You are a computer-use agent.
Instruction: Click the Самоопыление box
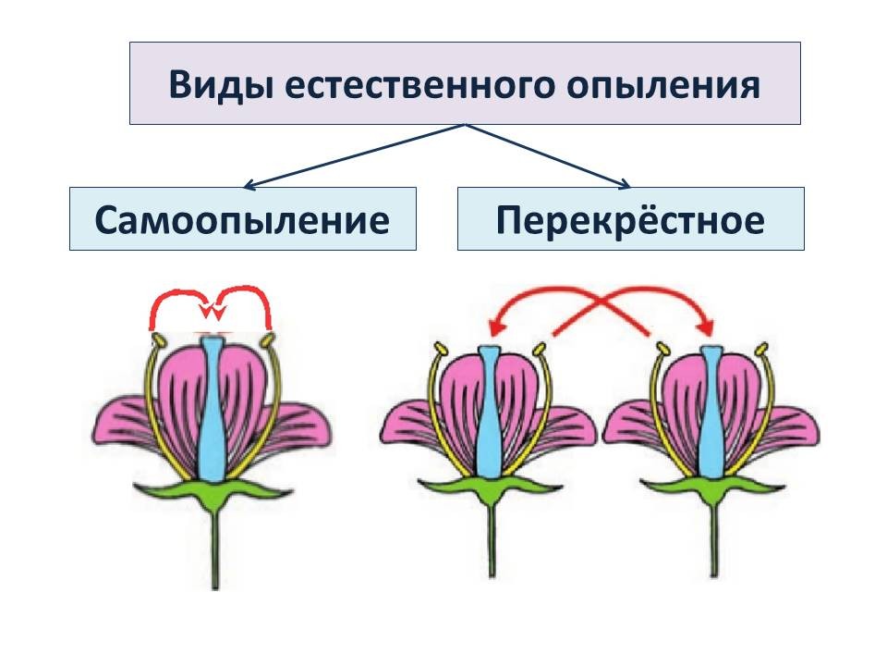pos(242,219)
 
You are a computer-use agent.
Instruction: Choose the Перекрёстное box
pos(630,219)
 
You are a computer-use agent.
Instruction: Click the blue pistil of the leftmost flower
pos(213,416)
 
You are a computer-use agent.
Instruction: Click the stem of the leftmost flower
pos(216,546)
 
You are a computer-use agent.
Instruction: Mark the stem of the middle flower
pos(490,546)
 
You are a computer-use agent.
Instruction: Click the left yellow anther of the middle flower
pos(439,351)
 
